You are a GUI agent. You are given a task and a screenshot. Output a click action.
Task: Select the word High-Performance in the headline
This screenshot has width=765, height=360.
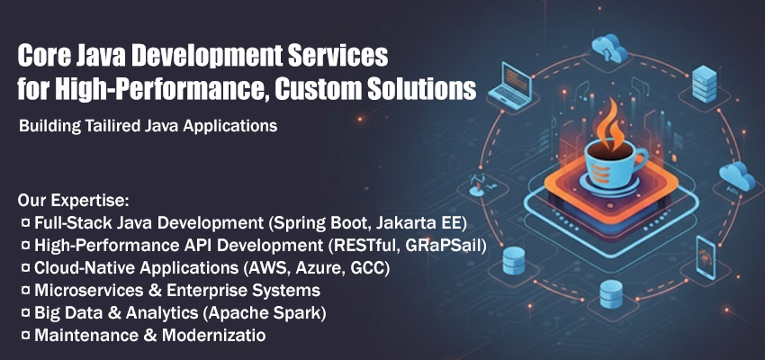point(155,90)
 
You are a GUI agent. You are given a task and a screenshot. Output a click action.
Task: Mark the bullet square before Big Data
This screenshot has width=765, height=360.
point(24,313)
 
